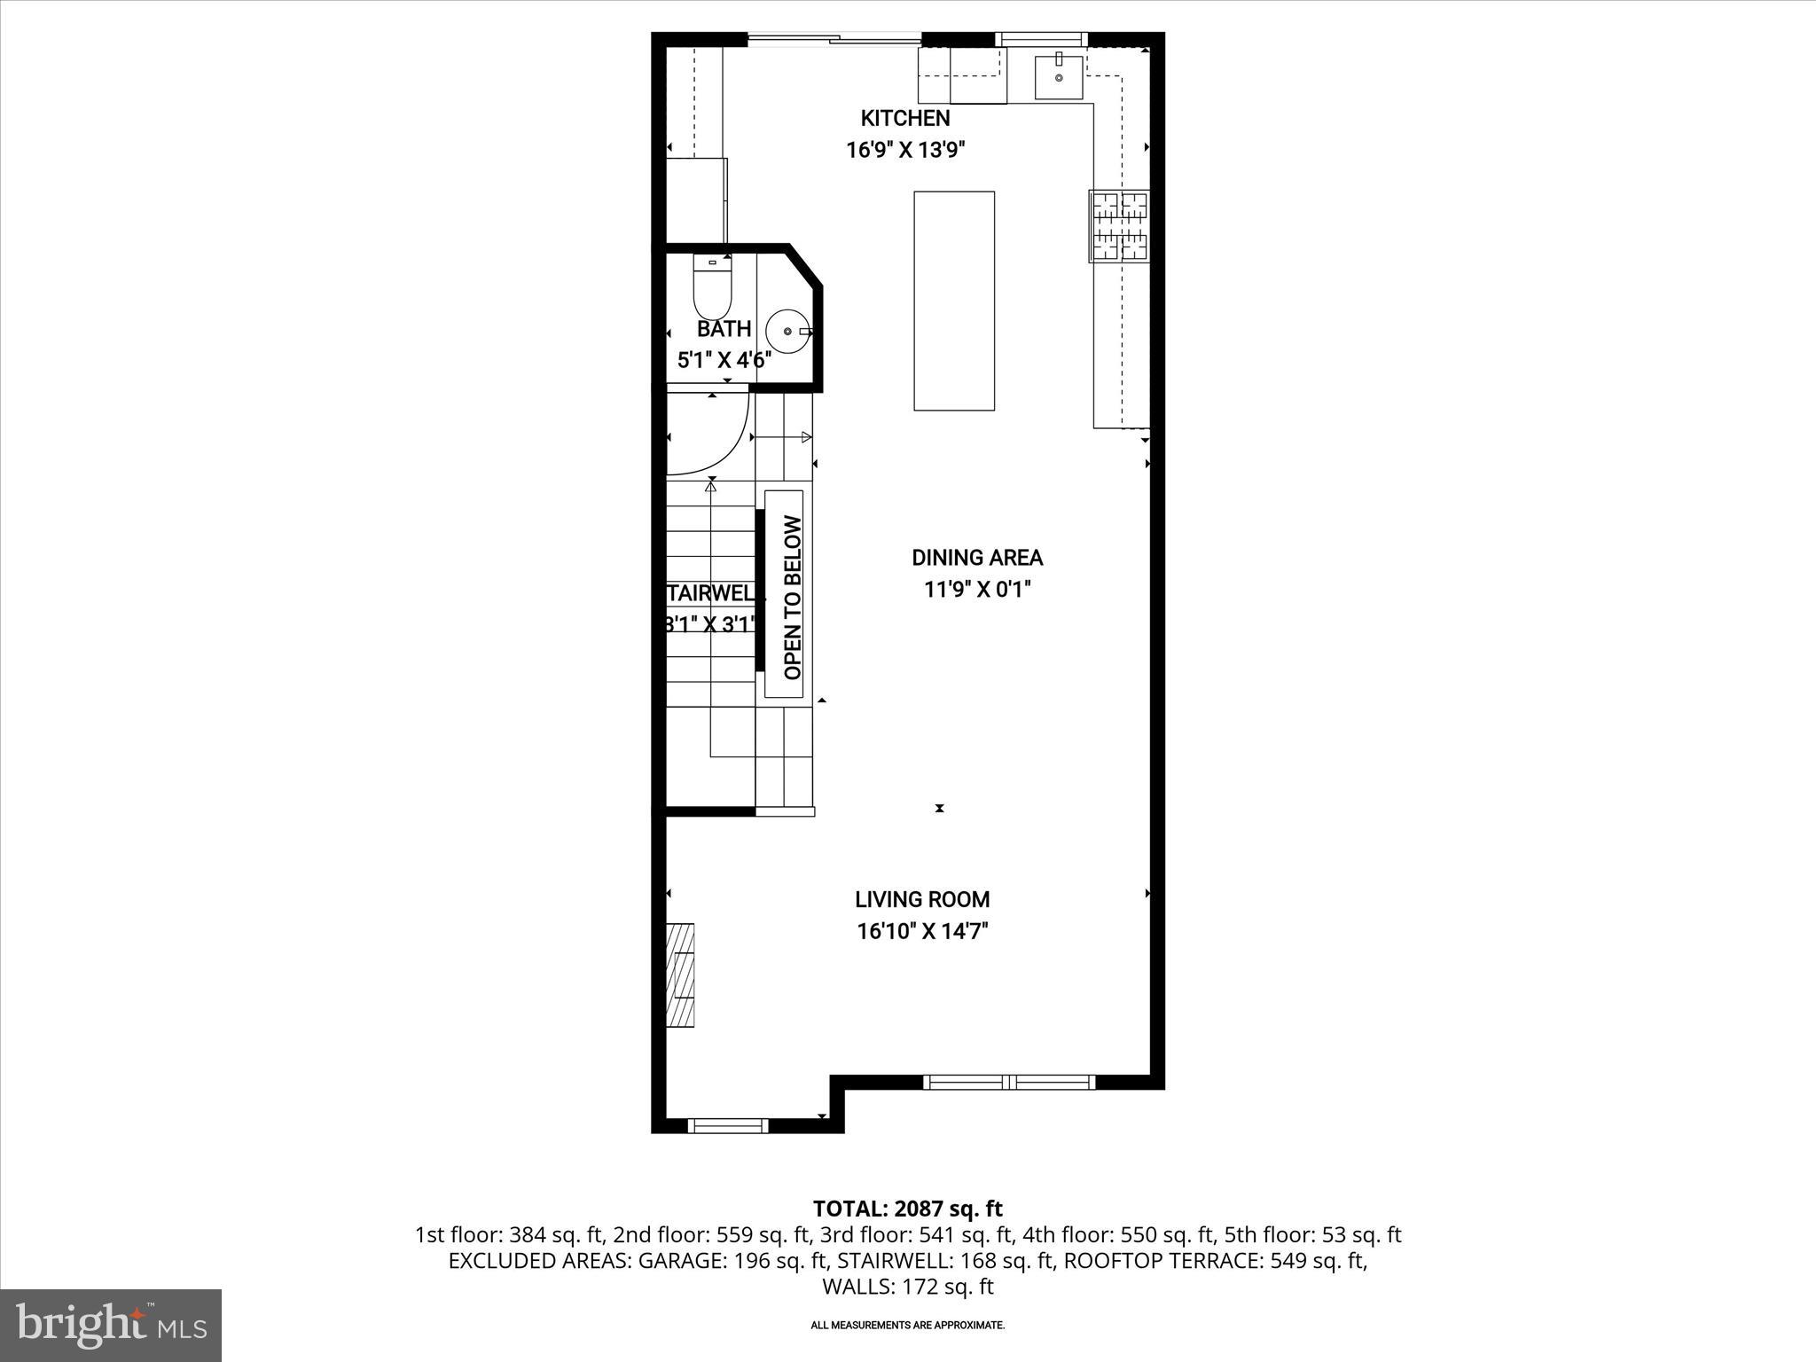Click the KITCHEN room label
coord(904,118)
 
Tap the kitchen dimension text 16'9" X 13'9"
coord(904,150)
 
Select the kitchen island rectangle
coord(954,301)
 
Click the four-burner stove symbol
coord(1119,226)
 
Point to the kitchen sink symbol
coord(1059,76)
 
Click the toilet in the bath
coord(711,288)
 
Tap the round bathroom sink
coord(787,331)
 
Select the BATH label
coord(724,329)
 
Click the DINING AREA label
coord(977,558)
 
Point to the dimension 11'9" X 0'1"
coord(977,590)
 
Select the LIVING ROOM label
coord(922,899)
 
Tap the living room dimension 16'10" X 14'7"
coord(922,931)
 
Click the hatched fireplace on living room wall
coord(680,975)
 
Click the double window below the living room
coord(1009,1082)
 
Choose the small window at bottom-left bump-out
coord(728,1125)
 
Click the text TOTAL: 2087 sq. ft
coord(907,1209)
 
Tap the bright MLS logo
coord(111,1325)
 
